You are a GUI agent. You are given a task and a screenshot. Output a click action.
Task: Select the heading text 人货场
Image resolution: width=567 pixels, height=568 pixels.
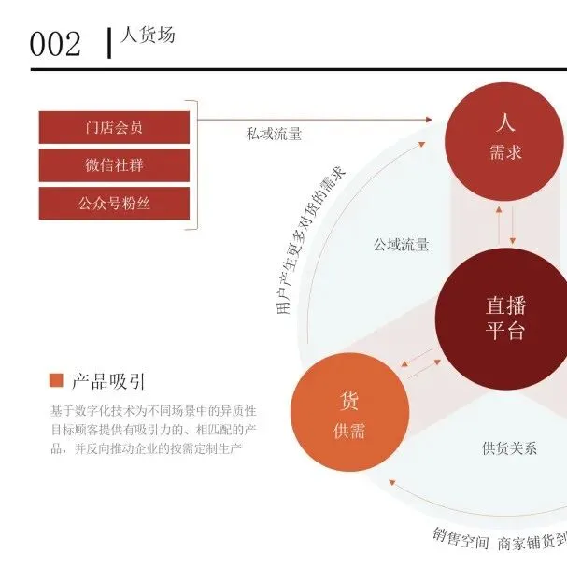(x=148, y=36)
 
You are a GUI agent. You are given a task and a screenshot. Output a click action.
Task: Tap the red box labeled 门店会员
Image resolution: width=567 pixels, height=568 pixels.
(x=114, y=127)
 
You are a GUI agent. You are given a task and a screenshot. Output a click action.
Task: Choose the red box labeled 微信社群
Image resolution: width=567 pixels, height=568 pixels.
(x=114, y=165)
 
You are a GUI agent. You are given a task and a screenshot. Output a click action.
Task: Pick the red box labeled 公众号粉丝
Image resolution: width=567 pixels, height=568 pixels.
(x=114, y=203)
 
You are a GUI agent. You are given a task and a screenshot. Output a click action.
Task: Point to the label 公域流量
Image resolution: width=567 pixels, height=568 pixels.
(x=401, y=245)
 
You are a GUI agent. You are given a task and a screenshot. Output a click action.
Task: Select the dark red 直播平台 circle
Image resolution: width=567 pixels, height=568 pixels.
(x=506, y=318)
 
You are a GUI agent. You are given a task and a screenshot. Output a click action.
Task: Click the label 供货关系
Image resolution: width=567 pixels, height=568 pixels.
(x=509, y=447)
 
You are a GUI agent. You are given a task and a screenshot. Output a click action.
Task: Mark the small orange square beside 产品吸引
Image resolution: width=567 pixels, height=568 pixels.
(x=55, y=380)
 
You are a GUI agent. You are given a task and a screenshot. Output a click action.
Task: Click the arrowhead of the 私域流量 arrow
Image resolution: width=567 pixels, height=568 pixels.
(x=430, y=120)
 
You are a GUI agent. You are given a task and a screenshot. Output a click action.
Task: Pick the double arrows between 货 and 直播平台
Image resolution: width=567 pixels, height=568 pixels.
(x=423, y=364)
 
